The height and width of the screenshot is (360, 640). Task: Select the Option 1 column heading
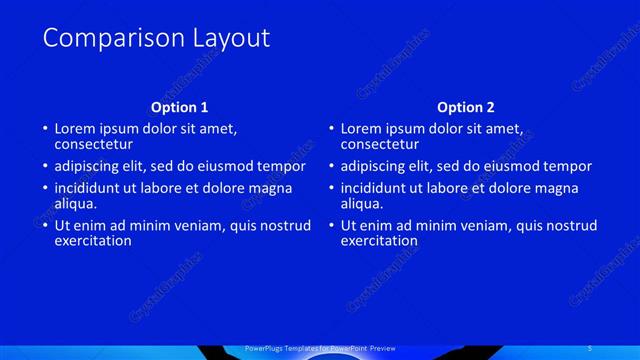click(180, 107)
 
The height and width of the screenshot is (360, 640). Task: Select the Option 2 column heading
click(466, 107)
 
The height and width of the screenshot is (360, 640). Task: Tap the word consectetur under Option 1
click(94, 145)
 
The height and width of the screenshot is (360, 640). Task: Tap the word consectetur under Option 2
click(380, 145)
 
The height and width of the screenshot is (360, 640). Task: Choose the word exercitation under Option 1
click(93, 240)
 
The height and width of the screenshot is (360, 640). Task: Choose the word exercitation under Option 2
click(379, 240)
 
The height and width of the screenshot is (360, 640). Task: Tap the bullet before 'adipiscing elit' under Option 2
click(331, 166)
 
